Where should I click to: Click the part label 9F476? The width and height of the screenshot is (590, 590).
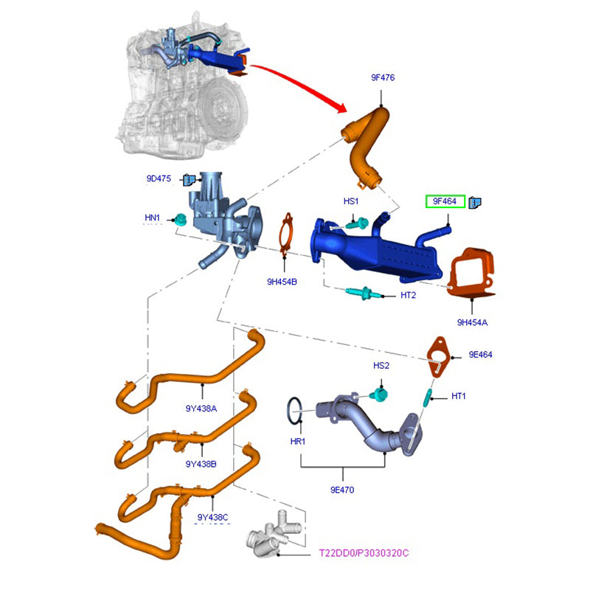384,76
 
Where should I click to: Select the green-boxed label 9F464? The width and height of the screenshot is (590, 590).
444,201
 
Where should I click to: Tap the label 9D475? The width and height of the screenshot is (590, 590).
159,178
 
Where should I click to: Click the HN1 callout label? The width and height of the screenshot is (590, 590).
153,218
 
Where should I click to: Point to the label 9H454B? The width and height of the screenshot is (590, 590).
282,281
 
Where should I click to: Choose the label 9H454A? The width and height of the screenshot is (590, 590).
472,322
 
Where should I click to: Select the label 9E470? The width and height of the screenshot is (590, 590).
343,488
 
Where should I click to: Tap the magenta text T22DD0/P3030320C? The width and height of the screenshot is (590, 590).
364,552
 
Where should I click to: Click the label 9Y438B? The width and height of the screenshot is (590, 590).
201,463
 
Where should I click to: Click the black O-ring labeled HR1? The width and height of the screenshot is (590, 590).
294,412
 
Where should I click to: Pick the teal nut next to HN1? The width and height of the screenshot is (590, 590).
178,218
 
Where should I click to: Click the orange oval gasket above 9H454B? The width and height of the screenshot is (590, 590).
286,235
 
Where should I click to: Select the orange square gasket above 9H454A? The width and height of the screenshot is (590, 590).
470,275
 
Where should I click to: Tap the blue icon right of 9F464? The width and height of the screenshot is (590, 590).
476,202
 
